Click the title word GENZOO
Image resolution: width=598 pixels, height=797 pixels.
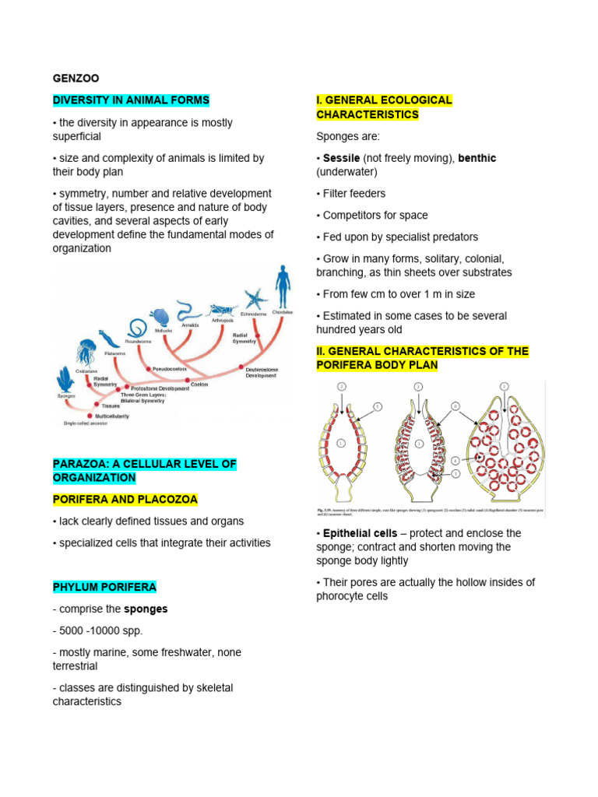pyautogui.click(x=76, y=79)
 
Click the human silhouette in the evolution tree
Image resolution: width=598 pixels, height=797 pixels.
pyautogui.click(x=283, y=288)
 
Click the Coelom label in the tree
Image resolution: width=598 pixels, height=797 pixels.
pyautogui.click(x=199, y=384)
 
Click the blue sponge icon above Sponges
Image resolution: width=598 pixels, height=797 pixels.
pyautogui.click(x=64, y=381)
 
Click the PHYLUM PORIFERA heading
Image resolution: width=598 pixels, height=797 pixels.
pyautogui.click(x=104, y=587)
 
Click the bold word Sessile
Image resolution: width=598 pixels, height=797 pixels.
pyautogui.click(x=341, y=158)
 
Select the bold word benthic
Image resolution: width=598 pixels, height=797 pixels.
pyautogui.click(x=477, y=158)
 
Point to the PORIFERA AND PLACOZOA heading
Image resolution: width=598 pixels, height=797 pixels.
pyautogui.click(x=125, y=499)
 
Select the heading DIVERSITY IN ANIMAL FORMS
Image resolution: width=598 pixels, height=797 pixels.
pyautogui.click(x=131, y=100)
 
